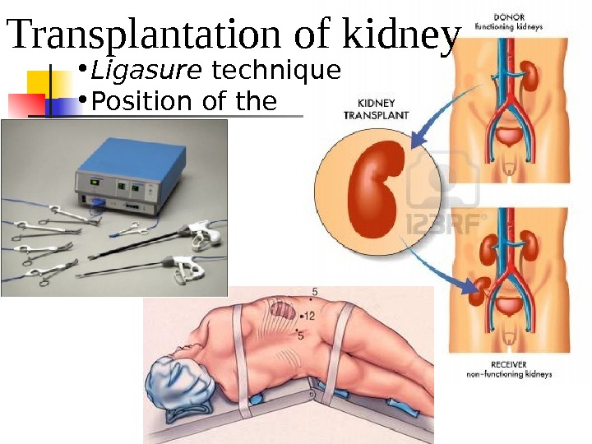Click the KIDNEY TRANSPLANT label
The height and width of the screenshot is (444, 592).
375,111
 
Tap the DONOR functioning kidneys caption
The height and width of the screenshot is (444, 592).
519,21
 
